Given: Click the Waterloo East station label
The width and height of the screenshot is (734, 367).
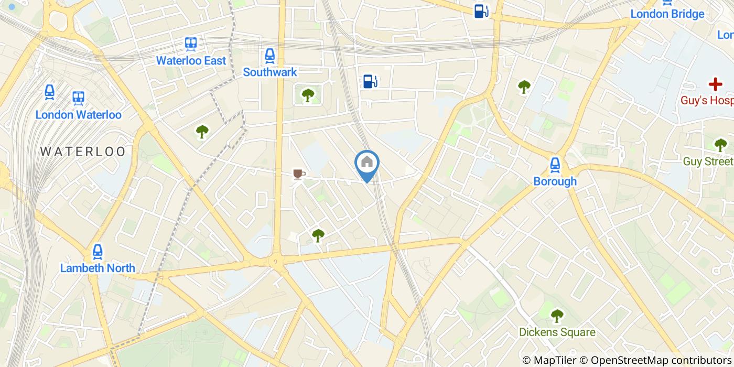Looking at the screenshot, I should (x=191, y=60).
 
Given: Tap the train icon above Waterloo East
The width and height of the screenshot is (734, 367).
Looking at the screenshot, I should (x=191, y=44).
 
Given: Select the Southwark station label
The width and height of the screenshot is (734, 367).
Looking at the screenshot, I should (x=269, y=72).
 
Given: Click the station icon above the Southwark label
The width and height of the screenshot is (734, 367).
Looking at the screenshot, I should (x=269, y=55).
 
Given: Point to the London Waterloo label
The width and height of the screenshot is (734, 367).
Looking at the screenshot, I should (x=78, y=115).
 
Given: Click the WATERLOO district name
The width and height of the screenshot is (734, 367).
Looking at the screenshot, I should (x=83, y=152).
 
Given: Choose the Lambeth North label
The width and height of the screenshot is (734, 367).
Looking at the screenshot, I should (x=98, y=268).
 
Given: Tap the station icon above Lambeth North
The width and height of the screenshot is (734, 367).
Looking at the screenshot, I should (x=97, y=252).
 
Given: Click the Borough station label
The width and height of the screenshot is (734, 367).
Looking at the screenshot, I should (x=555, y=181).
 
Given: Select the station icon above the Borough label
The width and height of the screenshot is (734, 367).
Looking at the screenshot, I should (x=555, y=165).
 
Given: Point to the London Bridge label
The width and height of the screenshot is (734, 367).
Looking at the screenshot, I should (x=667, y=14).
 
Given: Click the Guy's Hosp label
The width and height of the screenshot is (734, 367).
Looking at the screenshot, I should (x=707, y=100).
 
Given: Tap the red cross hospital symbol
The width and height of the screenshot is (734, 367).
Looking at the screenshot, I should (x=715, y=84).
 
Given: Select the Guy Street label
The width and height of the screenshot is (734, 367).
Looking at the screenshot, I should (x=708, y=161).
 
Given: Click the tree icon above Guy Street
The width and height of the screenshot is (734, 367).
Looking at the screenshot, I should (x=720, y=145).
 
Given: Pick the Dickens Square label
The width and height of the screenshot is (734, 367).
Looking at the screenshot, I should (x=557, y=332).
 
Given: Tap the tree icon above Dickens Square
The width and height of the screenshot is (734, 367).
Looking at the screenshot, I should (x=557, y=316).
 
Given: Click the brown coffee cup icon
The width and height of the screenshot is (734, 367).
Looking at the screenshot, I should (x=299, y=174).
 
